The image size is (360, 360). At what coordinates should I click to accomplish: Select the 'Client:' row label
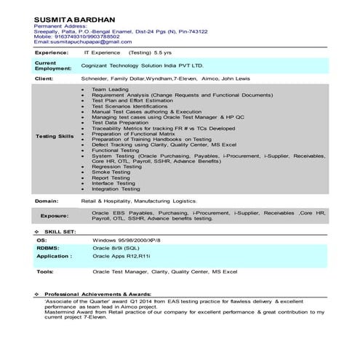click(x=44, y=77)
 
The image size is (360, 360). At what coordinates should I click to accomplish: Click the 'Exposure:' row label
click(x=55, y=215)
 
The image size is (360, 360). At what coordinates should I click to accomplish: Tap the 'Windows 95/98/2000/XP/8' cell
click(x=128, y=239)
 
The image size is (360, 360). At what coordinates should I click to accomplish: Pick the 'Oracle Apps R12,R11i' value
click(x=121, y=256)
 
